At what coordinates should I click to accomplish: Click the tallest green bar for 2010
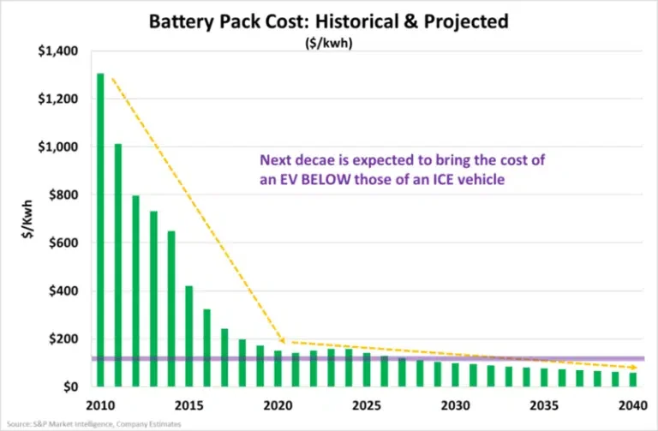pos(100,230)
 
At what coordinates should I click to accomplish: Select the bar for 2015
pos(188,336)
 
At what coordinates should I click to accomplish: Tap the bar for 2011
pos(118,265)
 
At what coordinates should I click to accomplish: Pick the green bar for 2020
pos(278,368)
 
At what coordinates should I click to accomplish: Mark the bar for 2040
pos(633,380)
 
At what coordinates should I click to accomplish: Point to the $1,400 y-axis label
pos(58,51)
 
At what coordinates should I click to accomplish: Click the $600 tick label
pos(63,243)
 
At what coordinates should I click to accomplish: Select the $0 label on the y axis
pos(70,387)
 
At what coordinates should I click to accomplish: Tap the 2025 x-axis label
pos(367,405)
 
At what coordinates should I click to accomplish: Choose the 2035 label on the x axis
pos(544,405)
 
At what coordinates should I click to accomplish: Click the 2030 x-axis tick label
pos(455,405)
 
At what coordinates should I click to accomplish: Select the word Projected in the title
pos(466,21)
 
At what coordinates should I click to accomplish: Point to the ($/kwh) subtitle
pos(329,43)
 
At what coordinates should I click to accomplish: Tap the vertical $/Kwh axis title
pos(27,219)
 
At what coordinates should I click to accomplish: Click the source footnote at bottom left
pos(94,424)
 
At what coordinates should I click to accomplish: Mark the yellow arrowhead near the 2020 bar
pos(282,340)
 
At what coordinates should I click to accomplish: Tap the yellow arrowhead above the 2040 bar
pos(634,368)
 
